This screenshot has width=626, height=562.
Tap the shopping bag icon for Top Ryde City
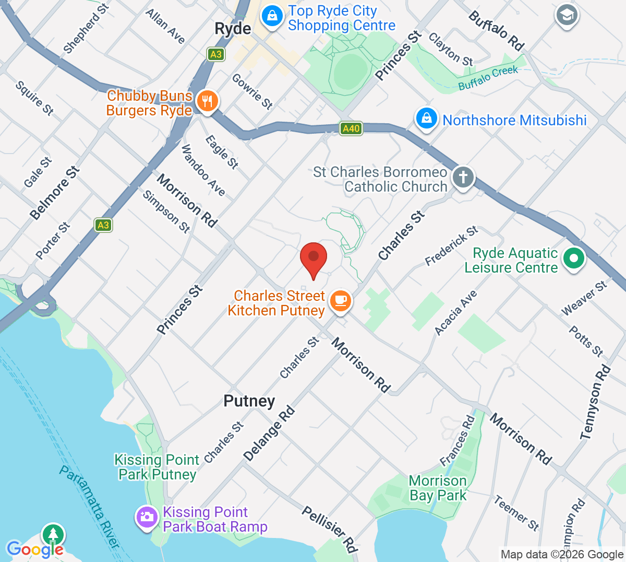coord(272,16)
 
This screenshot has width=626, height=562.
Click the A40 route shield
coord(351,128)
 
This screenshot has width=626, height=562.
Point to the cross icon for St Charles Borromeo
coord(463,177)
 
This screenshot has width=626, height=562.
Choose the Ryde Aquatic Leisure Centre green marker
coord(574,258)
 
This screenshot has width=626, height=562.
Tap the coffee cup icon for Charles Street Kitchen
coord(341,301)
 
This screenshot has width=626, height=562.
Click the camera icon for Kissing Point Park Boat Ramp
coord(147,518)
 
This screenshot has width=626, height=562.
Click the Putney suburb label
coord(249,401)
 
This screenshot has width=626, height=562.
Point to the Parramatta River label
coord(89,506)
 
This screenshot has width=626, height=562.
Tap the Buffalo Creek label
coord(488,78)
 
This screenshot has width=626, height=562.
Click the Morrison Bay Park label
coord(438,488)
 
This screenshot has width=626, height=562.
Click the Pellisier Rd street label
coord(330,529)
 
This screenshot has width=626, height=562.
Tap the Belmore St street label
coord(54,193)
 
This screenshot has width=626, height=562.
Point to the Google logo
coord(35,549)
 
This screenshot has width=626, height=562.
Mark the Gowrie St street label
coord(252,91)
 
